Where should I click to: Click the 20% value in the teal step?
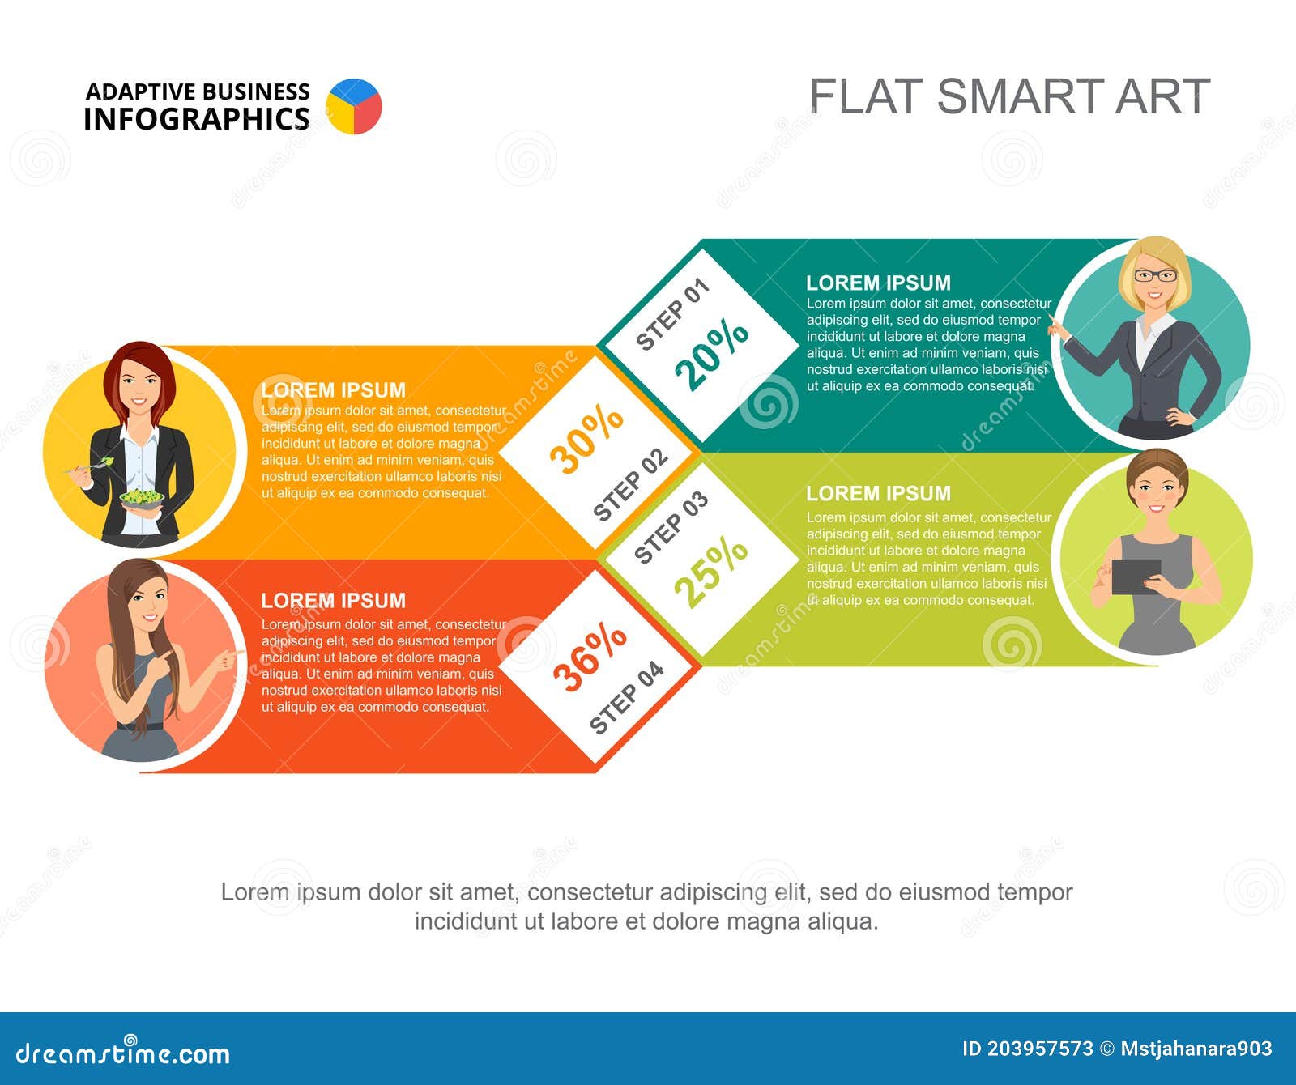(712, 354)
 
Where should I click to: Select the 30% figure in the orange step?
(586, 438)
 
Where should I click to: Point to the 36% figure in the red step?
(590, 657)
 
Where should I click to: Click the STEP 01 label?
(672, 314)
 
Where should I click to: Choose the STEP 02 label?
(630, 484)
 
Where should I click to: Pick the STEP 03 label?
(671, 527)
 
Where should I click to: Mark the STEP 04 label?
(626, 698)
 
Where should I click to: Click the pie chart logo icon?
(354, 106)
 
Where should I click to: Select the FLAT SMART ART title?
(1009, 96)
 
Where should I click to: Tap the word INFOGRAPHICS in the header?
(197, 119)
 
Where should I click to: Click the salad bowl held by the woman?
(141, 497)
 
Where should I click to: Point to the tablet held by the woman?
(1136, 577)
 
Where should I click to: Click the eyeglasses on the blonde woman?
(1155, 275)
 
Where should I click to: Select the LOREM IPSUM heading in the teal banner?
(878, 283)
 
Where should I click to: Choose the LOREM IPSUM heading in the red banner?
(333, 600)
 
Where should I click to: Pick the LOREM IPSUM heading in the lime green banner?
(878, 493)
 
